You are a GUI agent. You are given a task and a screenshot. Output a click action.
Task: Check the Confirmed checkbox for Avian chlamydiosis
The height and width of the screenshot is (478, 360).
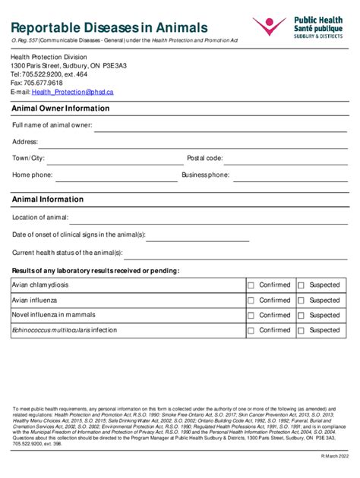pos(251,285)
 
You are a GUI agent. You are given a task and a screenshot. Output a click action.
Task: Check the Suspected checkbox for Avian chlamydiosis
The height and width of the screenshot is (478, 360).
pos(301,285)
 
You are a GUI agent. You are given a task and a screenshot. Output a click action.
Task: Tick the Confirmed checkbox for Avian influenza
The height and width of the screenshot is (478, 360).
pos(251,300)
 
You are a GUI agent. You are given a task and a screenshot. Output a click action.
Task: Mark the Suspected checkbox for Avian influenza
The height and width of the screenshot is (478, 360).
pos(301,300)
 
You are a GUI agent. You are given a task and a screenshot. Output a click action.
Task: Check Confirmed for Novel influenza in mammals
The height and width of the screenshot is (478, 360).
pos(251,316)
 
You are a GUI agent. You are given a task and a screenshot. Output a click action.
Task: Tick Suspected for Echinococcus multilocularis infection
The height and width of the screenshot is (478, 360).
pos(301,331)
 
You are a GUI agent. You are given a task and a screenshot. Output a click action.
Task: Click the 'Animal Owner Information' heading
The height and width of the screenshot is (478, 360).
pos(60,108)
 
